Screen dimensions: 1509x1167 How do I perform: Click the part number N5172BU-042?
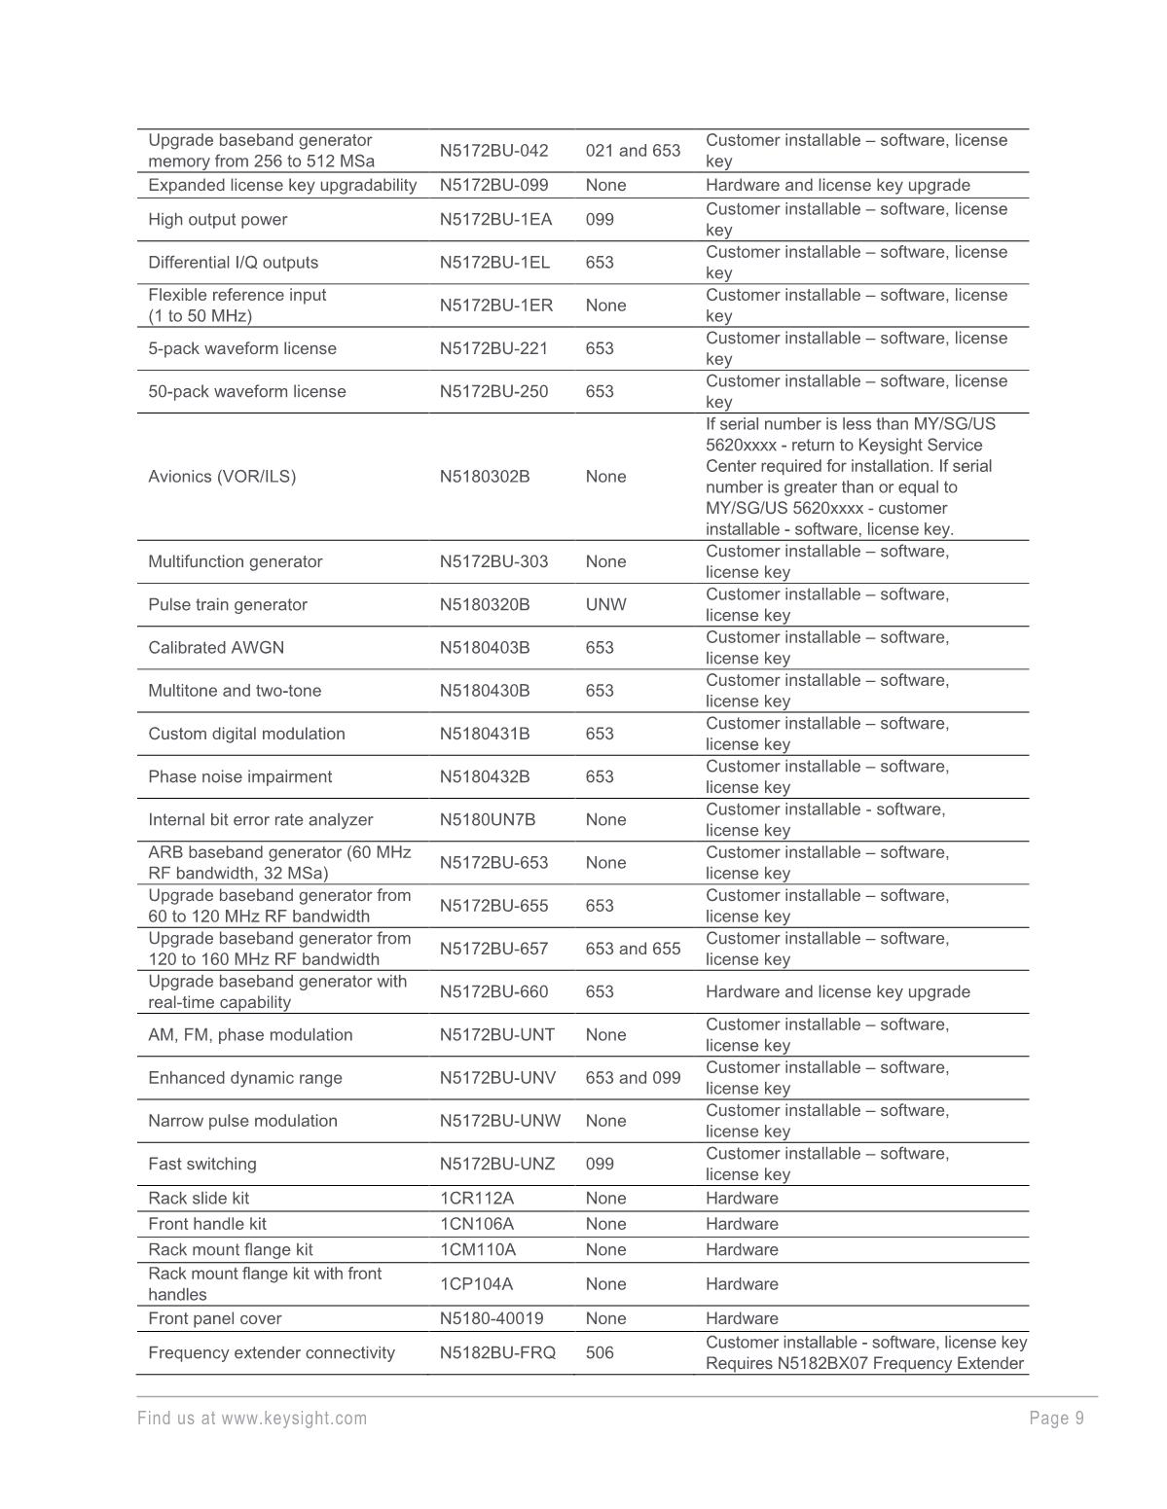click(x=493, y=151)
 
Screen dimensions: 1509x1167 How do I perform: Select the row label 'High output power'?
click(x=217, y=220)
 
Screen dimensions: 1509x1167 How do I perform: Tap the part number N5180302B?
click(x=485, y=477)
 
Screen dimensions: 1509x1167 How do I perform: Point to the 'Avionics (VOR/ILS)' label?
click(x=222, y=477)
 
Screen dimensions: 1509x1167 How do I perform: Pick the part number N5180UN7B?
click(x=488, y=820)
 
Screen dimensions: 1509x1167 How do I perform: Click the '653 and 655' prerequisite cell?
click(x=633, y=949)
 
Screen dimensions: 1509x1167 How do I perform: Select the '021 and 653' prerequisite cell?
click(x=633, y=151)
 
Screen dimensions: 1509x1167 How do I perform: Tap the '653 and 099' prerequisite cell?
click(x=633, y=1078)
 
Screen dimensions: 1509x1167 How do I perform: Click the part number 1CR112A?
click(x=476, y=1199)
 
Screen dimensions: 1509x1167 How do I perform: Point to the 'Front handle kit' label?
click(x=206, y=1224)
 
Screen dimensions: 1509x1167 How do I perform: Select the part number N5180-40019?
click(x=492, y=1319)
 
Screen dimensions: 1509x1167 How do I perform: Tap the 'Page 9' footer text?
click(x=1056, y=1419)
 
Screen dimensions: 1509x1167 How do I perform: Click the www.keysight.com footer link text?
click(x=294, y=1419)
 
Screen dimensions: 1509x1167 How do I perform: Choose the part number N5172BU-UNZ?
click(x=497, y=1165)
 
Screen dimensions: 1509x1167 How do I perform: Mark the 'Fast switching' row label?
click(x=202, y=1165)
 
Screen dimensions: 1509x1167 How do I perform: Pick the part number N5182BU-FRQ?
click(x=497, y=1353)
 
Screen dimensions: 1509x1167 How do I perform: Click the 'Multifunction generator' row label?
click(x=235, y=562)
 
